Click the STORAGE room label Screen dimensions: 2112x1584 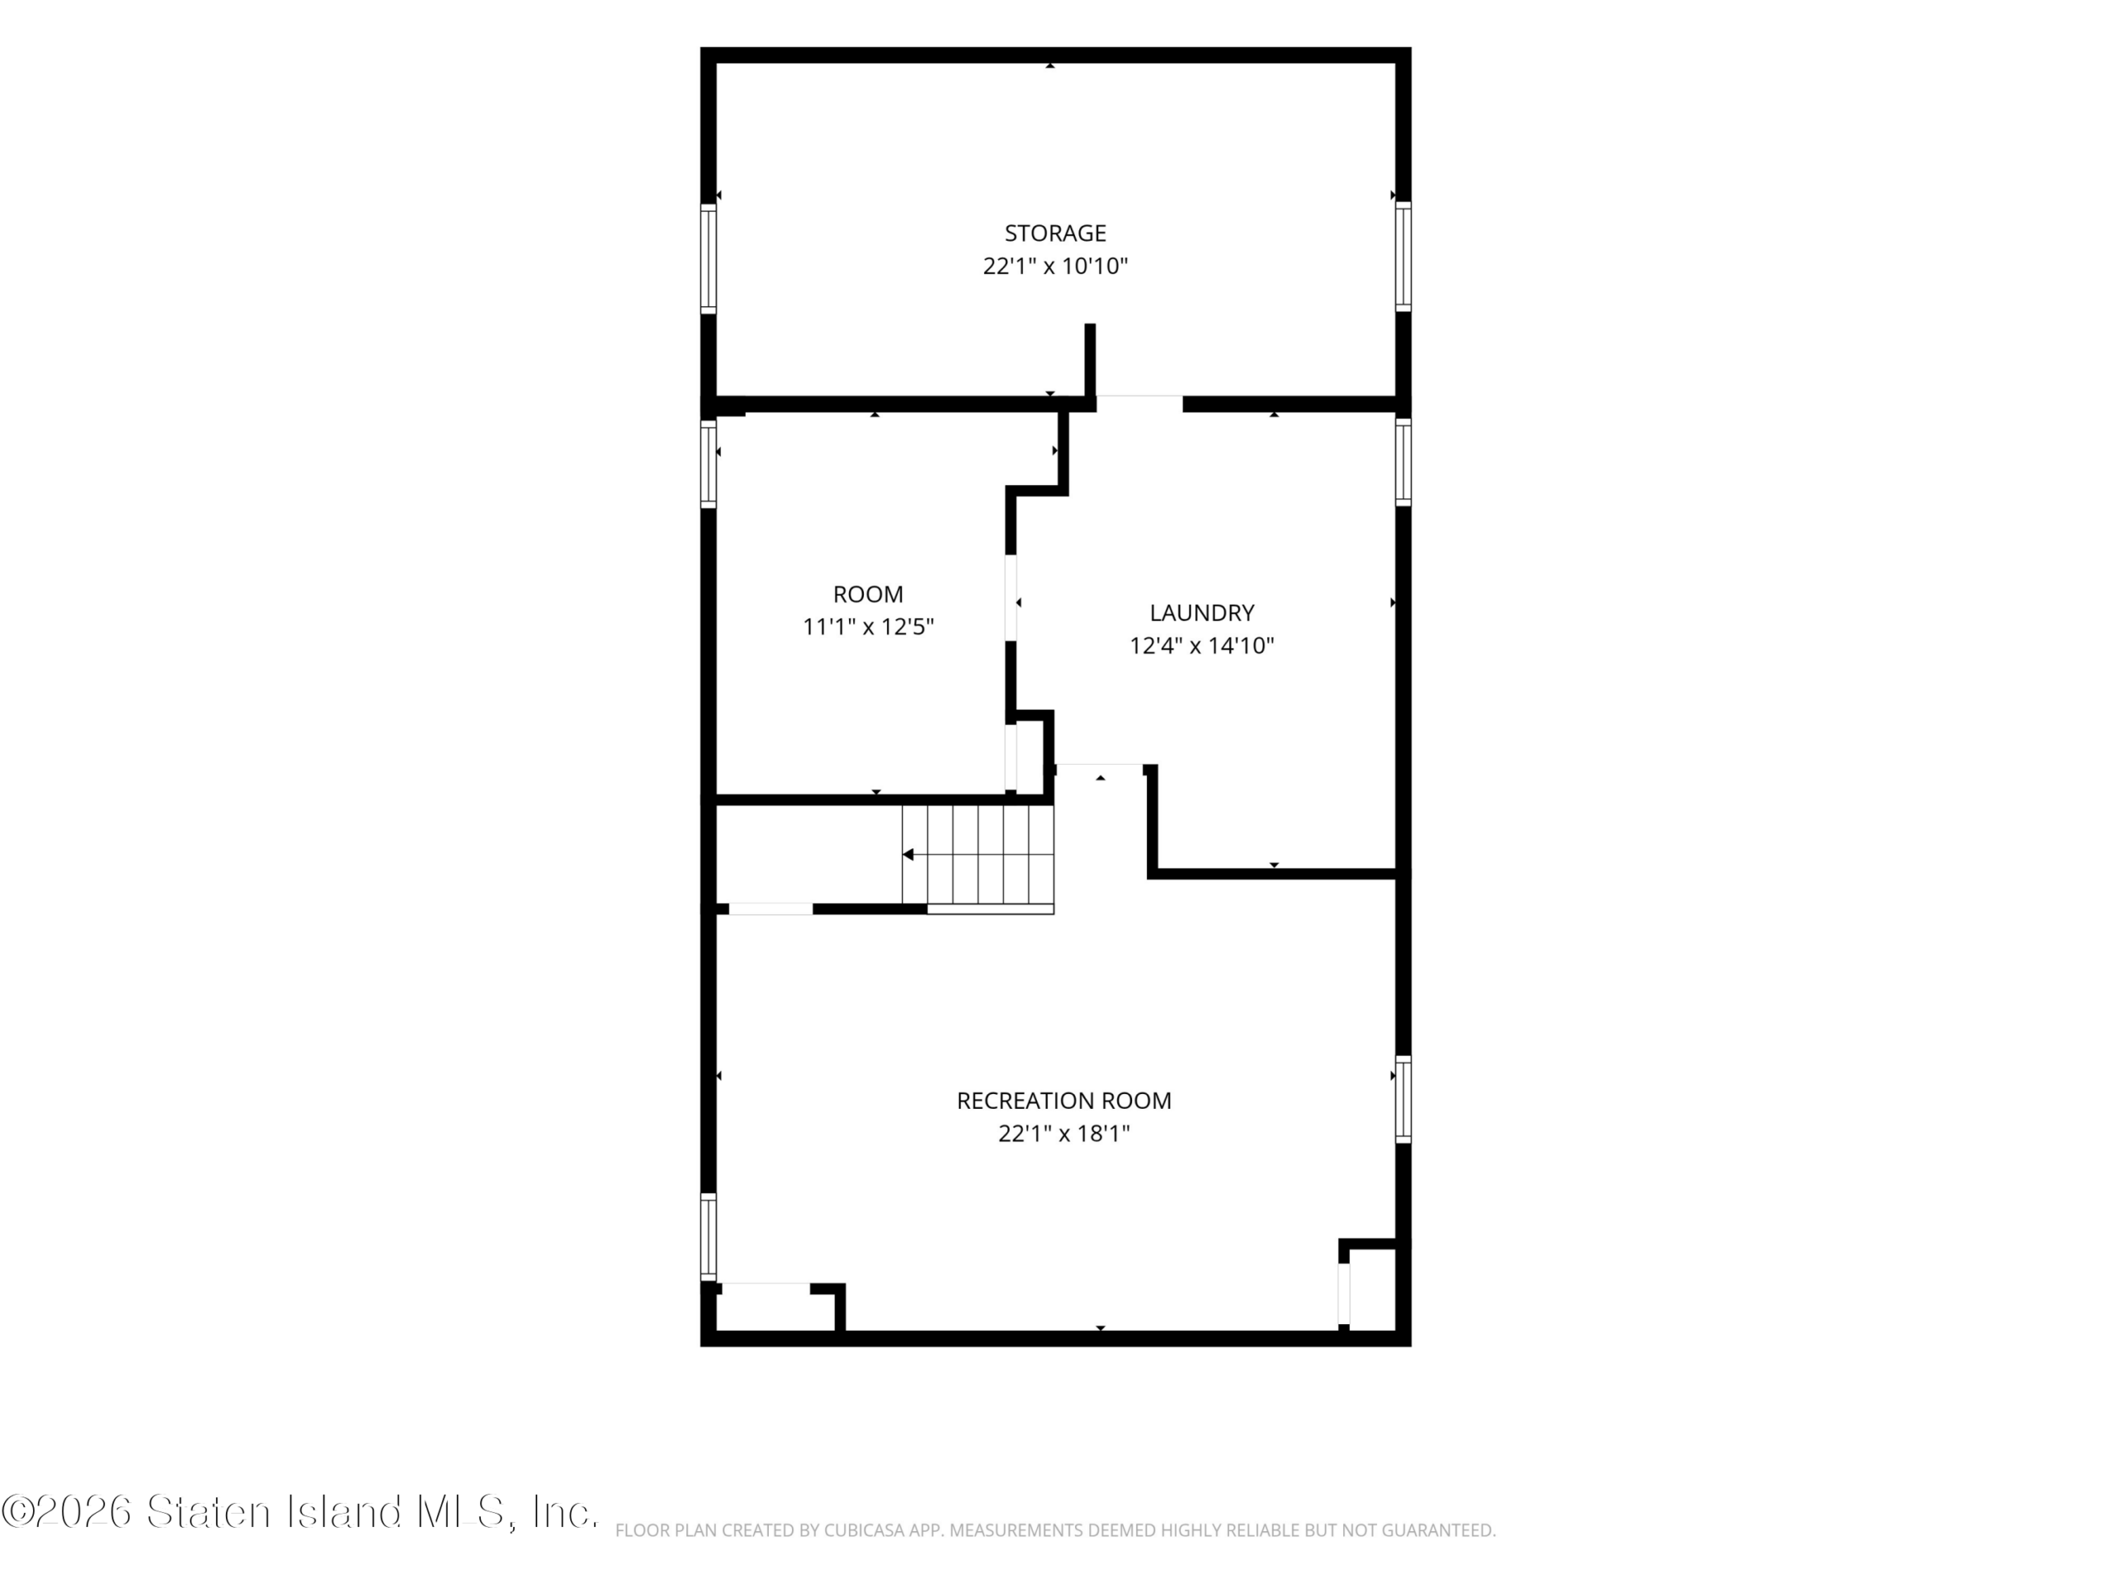1055,233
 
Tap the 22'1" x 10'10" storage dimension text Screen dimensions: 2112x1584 1055,266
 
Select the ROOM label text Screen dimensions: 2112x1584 868,595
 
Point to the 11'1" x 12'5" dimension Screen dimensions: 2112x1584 868,627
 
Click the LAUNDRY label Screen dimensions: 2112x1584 1201,613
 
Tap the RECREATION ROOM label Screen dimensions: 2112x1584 1063,1101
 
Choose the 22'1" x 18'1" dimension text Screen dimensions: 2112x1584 1063,1134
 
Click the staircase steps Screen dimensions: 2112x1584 978,855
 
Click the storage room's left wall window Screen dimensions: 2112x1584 709,257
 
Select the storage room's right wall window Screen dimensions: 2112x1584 1402,256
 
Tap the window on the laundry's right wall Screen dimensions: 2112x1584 1402,462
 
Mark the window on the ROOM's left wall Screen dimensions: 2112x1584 709,464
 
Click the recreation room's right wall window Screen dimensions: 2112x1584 1402,1099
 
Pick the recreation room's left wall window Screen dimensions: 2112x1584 709,1236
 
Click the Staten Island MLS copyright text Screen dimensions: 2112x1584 299,1512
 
